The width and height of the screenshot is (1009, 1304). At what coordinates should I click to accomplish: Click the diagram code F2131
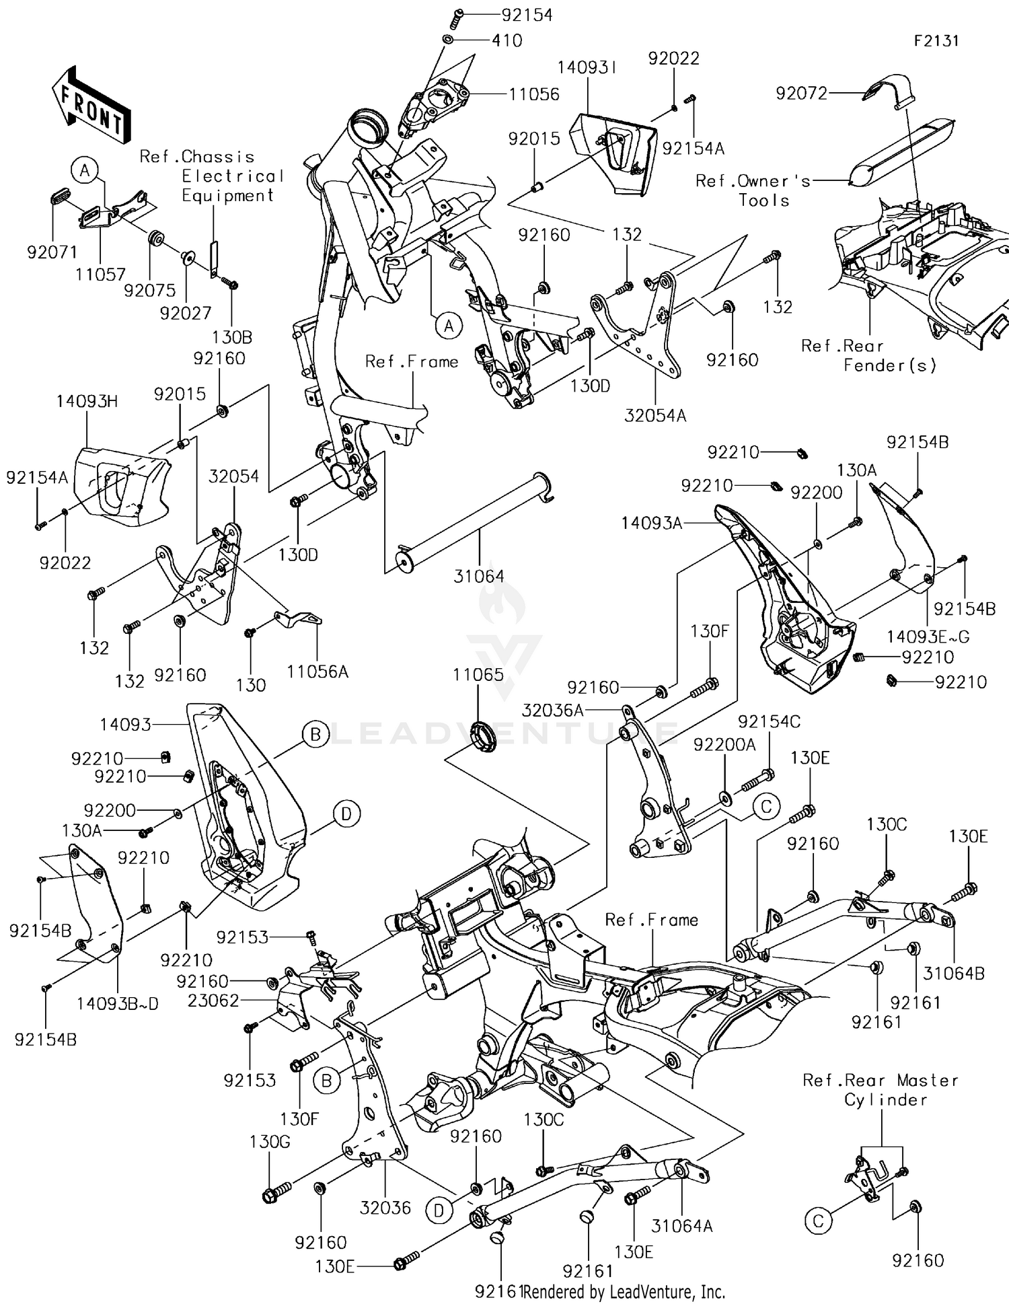coord(936,41)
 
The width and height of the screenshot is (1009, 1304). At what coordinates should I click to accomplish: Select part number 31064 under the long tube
coord(478,576)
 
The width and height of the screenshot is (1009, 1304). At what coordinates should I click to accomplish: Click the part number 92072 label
coord(801,94)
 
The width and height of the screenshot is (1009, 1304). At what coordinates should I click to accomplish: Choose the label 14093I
coord(587,68)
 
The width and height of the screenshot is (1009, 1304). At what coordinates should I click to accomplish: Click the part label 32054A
coord(655,415)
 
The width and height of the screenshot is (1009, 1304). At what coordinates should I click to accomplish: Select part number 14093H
coord(86,402)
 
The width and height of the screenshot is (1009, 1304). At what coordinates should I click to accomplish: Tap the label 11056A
coord(317,671)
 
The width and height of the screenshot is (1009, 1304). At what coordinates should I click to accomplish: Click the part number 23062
coord(213,1001)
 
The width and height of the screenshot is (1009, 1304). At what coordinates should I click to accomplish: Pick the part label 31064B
coord(953,973)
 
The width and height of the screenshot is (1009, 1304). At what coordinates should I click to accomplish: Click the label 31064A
coord(681,1226)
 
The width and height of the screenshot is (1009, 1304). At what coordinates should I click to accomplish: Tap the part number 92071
coord(52,252)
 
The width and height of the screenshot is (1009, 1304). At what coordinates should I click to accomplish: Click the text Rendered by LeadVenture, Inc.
coord(624,1291)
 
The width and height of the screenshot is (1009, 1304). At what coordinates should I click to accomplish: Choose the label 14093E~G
coord(928,637)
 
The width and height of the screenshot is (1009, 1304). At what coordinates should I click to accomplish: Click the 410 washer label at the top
coord(507,41)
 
